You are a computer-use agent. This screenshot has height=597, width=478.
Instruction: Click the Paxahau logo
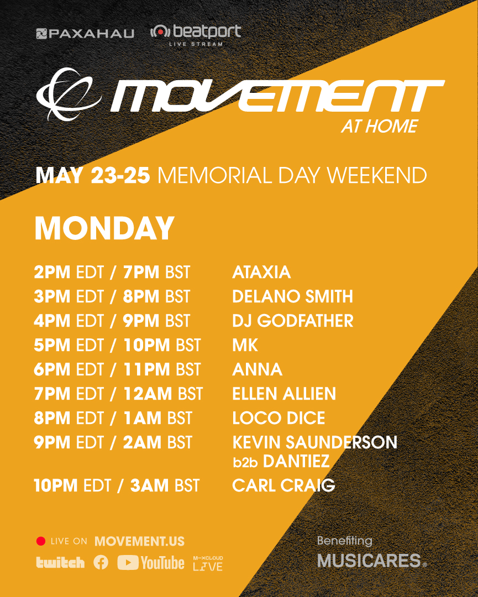tap(85, 34)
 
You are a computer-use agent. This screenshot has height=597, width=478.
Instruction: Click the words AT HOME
tap(379, 127)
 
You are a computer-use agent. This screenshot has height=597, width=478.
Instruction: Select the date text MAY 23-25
tap(92, 176)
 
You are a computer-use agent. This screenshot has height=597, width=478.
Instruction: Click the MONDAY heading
tap(104, 228)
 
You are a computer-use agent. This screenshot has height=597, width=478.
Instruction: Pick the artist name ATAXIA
tap(261, 272)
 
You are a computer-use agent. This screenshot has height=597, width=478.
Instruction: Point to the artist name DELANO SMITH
tap(292, 296)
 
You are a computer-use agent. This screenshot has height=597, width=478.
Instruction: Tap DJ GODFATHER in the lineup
tap(292, 321)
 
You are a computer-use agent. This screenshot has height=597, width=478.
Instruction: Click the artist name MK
tap(245, 345)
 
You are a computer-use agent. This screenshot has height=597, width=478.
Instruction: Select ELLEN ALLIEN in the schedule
tap(284, 394)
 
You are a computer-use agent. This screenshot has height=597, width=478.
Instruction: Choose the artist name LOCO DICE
tap(279, 418)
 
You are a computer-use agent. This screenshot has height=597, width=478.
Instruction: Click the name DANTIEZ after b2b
tap(296, 462)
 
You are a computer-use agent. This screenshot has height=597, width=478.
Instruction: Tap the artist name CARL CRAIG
tap(283, 485)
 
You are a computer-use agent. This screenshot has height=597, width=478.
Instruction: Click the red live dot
tap(40, 541)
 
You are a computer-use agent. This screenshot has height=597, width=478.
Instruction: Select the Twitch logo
tap(60, 563)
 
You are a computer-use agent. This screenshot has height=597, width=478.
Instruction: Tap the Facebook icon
tap(101, 563)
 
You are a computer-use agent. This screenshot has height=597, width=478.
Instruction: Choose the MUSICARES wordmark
tap(369, 561)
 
